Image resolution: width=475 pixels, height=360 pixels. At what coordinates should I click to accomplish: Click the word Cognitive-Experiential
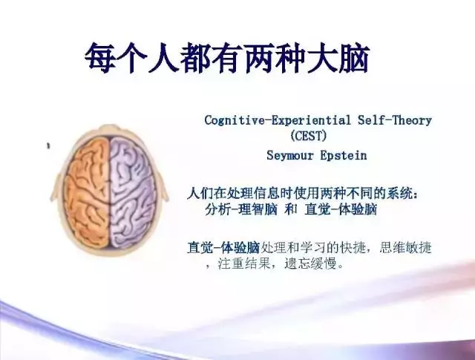point(278,120)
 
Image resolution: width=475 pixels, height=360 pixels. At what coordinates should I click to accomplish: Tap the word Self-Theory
point(394,120)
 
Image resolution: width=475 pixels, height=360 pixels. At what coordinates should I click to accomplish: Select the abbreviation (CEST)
point(309,135)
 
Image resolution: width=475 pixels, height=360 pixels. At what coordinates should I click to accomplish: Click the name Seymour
point(290,155)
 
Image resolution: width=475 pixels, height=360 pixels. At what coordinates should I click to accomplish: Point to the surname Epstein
point(344,155)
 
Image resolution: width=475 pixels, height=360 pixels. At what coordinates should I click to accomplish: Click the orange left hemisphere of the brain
point(88,193)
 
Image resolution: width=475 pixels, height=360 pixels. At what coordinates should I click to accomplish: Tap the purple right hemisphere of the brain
point(133,193)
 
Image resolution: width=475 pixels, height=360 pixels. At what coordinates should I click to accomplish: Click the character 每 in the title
point(100,58)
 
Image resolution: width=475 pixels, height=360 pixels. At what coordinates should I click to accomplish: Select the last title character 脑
point(354,58)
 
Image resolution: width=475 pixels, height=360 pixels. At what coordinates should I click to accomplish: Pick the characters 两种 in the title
point(275,58)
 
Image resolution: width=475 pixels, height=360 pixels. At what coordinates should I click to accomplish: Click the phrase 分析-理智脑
point(241,209)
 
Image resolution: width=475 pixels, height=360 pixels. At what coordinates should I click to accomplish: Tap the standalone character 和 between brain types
point(290,209)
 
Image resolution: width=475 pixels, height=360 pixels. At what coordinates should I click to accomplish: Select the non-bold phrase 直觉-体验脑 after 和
point(341,209)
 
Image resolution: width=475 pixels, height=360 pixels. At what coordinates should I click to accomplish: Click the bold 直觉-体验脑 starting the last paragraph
point(223,248)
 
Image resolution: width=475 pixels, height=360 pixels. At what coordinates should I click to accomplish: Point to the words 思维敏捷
point(405,248)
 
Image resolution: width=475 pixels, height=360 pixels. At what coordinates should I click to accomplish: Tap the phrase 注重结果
point(244,264)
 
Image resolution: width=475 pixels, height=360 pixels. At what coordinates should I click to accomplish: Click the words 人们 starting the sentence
point(200,193)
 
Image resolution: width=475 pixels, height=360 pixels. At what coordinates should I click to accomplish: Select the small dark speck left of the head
point(48,145)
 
